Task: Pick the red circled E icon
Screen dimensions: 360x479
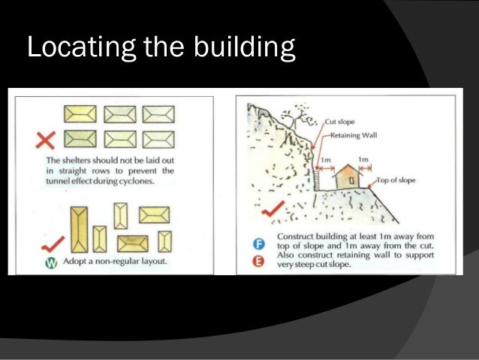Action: [257, 261]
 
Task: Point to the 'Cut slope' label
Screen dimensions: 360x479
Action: [340, 121]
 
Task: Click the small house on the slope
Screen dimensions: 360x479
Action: [346, 175]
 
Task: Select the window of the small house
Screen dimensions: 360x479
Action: [351, 181]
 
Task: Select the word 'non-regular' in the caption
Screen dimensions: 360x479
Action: [107, 262]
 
